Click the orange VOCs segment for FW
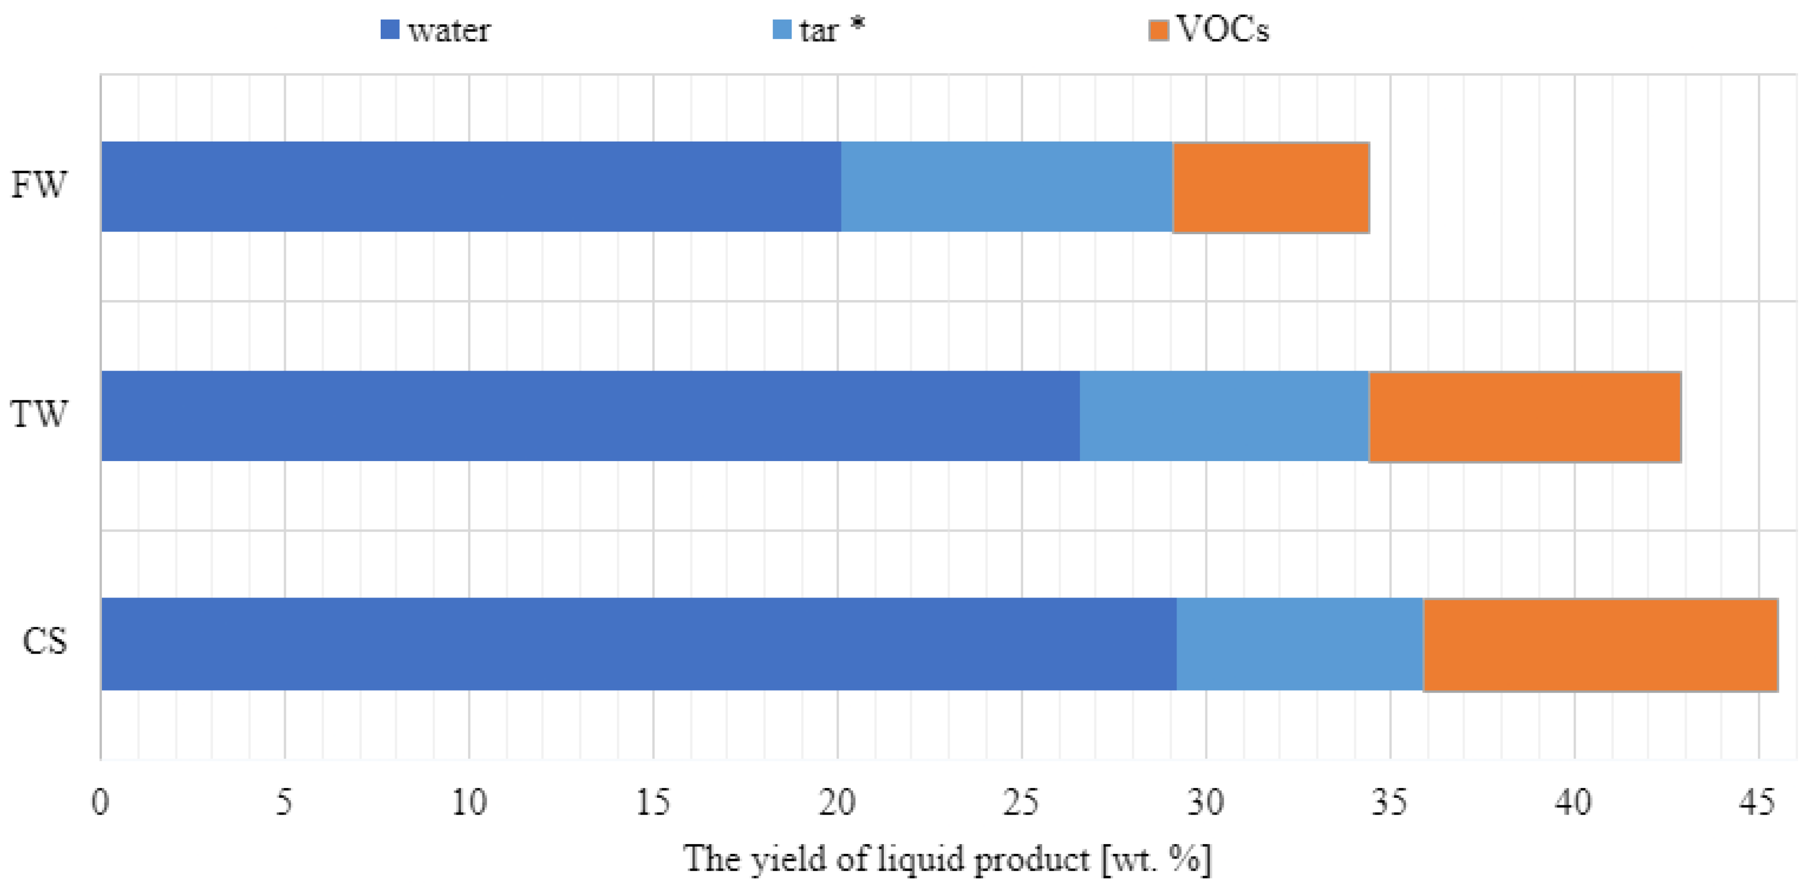click(x=1270, y=187)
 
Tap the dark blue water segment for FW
click(x=470, y=187)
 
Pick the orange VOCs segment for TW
click(x=1524, y=416)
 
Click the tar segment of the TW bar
click(x=1224, y=416)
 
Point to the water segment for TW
click(x=590, y=416)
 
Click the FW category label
click(x=39, y=185)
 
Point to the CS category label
click(x=44, y=642)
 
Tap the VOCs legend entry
click(x=1209, y=30)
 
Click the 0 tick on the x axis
click(x=100, y=802)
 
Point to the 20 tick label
click(x=837, y=802)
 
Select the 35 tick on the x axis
click(x=1390, y=802)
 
